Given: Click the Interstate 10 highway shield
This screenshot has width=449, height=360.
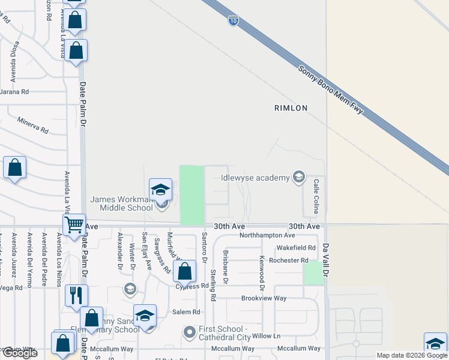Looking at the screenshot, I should pyautogui.click(x=233, y=21).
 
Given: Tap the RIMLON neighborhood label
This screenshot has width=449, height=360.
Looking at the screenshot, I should pyautogui.click(x=291, y=108).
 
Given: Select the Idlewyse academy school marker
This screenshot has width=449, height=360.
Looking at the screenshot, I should pyautogui.click(x=298, y=176).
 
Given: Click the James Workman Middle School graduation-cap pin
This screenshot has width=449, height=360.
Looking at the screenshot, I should pyautogui.click(x=161, y=190).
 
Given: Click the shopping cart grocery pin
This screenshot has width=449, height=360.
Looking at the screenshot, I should pyautogui.click(x=74, y=225).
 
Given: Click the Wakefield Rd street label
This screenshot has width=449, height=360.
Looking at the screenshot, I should pyautogui.click(x=295, y=248).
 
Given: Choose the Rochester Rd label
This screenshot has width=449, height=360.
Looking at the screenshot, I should pyautogui.click(x=288, y=260).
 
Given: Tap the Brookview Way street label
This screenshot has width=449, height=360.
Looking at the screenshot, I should pyautogui.click(x=264, y=298).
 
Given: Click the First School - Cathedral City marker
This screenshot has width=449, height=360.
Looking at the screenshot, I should pyautogui.click(x=190, y=331).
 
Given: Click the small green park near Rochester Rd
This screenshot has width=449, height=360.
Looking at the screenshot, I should pyautogui.click(x=313, y=274).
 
